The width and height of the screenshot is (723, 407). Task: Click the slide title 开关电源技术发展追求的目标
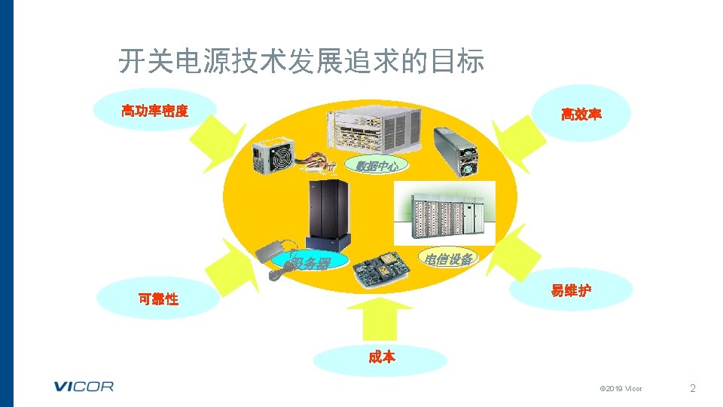pyautogui.click(x=301, y=62)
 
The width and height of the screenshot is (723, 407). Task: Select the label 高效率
pyautogui.click(x=581, y=115)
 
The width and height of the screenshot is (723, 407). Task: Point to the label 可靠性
pyautogui.click(x=158, y=298)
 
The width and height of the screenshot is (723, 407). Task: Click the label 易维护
pyautogui.click(x=570, y=291)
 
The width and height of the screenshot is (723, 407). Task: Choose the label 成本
pyautogui.click(x=382, y=357)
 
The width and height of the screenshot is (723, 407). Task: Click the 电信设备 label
pyautogui.click(x=449, y=259)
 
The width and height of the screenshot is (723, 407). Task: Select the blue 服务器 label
pyautogui.click(x=313, y=263)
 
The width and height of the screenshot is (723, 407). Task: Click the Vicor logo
pyautogui.click(x=84, y=387)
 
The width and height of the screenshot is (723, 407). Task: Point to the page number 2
pyautogui.click(x=693, y=389)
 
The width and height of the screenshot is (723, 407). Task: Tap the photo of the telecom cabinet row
pyautogui.click(x=444, y=212)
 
